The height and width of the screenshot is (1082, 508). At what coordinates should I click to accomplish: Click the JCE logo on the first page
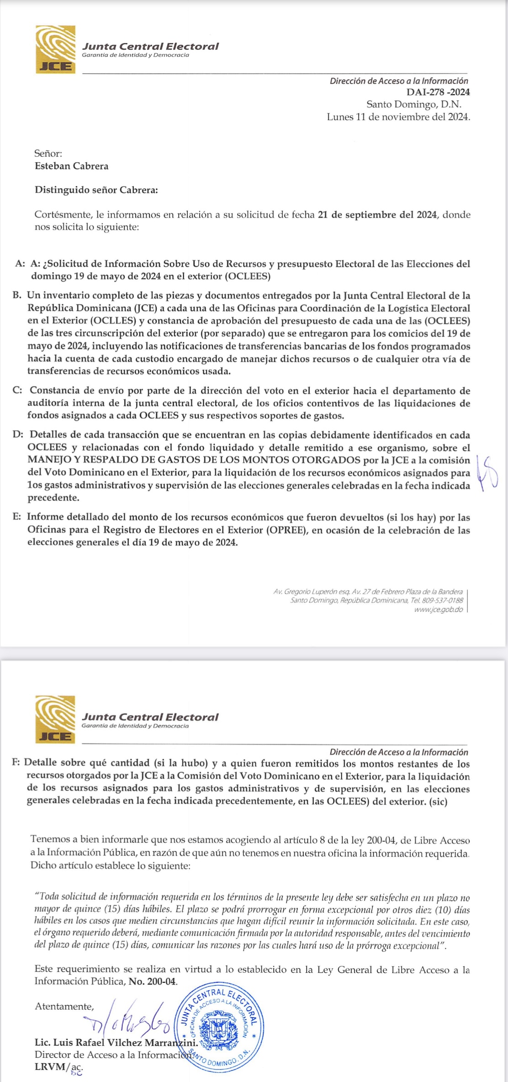click(x=55, y=49)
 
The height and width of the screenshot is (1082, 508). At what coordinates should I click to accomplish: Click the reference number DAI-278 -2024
click(x=438, y=92)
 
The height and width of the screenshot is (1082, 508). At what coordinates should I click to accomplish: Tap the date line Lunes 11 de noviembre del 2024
click(x=398, y=117)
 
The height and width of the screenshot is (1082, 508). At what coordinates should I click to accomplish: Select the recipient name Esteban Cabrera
click(x=72, y=166)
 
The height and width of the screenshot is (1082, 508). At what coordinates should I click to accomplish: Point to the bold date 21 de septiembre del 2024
click(x=377, y=215)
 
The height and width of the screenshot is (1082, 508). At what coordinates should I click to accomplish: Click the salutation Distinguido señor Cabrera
click(x=96, y=190)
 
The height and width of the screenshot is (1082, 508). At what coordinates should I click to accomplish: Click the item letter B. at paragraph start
click(x=17, y=296)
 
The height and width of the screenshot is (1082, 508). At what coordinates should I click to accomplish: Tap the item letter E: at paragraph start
click(x=17, y=517)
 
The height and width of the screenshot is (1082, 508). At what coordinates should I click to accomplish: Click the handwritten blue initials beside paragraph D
click(x=487, y=473)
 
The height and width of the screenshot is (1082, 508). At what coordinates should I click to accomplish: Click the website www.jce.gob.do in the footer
click(x=438, y=609)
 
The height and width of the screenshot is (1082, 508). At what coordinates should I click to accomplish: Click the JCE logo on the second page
click(x=55, y=720)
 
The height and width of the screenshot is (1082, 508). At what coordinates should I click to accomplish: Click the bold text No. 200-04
click(x=153, y=982)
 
